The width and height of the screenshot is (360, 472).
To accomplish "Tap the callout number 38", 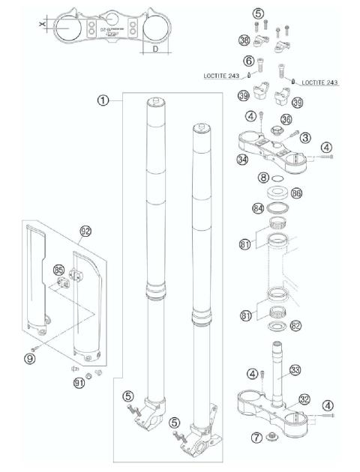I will tap(244, 40).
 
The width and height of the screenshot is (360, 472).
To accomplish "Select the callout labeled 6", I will tap(247, 61).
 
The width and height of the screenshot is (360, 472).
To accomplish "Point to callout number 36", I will tap(286, 120).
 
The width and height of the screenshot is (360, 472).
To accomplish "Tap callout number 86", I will tap(296, 193).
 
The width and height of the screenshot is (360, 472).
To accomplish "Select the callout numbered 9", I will tap(30, 359).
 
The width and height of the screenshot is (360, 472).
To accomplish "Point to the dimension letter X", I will tap(43, 25).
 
